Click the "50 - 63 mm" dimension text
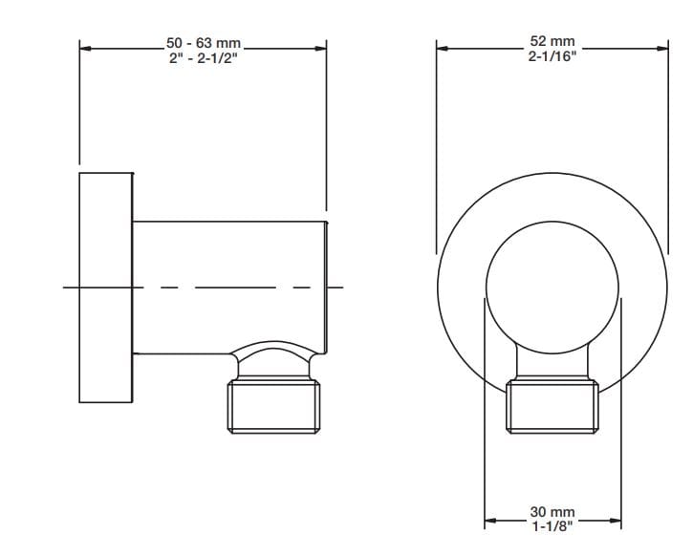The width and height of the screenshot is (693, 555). pos(204,43)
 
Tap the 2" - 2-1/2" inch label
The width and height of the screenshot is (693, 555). pos(204,57)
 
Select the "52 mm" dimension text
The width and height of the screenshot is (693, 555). pos(552,41)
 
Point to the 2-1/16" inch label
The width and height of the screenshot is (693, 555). pos(552,55)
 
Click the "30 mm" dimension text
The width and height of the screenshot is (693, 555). pos(552,513)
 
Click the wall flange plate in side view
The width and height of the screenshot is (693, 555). pos(105,288)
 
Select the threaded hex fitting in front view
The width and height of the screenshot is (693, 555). pos(552,406)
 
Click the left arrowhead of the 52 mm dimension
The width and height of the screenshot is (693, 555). pos(442,47)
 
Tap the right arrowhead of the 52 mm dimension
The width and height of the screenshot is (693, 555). pos(662,47)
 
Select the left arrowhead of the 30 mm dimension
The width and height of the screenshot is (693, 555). pos(490,521)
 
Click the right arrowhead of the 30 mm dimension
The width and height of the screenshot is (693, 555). pos(617,521)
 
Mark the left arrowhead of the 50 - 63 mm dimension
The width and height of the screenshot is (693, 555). pos(85,47)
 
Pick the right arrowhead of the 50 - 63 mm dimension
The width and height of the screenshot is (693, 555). pos(321,47)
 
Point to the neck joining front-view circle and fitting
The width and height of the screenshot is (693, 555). pos(552,361)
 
